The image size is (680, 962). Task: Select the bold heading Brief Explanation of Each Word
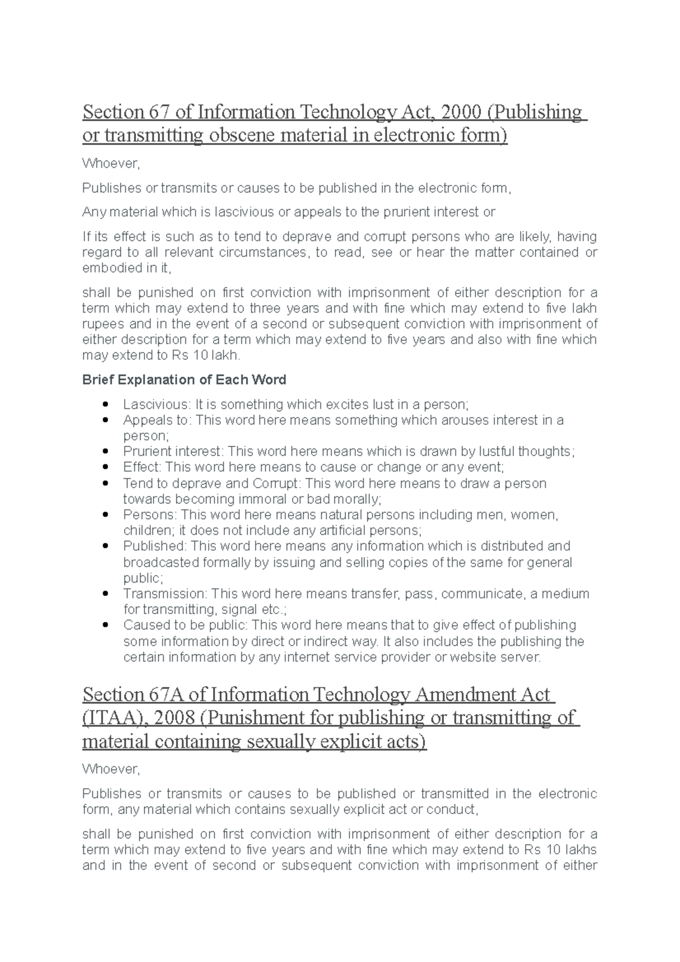coord(184,380)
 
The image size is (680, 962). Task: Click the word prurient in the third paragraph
coord(408,212)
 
